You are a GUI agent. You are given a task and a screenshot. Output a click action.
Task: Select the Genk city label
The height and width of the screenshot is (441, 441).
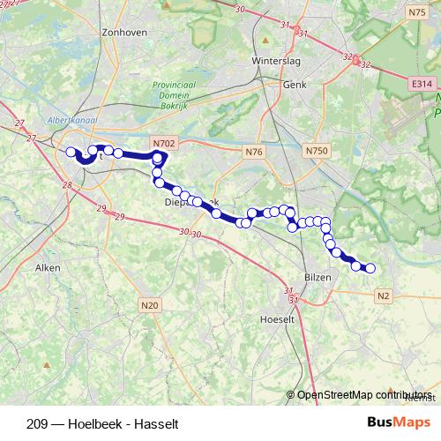pos(293,85)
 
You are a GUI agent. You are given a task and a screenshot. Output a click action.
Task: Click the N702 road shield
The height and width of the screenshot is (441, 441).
pos(163,142)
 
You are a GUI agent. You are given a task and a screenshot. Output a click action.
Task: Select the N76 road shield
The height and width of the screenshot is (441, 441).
pos(255,152)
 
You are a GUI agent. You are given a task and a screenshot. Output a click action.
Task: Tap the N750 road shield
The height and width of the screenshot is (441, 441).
pos(317,152)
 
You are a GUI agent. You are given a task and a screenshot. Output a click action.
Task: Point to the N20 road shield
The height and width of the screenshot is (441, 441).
pos(150,305)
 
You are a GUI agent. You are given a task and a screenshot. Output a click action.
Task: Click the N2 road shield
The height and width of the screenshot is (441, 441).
pos(383,296)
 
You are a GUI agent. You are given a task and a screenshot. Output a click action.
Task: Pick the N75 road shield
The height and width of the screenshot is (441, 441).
pos(417,12)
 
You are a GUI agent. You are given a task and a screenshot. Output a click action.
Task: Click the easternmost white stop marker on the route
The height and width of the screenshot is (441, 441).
pos(370,268)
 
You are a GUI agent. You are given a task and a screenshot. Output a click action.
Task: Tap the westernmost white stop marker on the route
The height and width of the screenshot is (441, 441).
pos(71,152)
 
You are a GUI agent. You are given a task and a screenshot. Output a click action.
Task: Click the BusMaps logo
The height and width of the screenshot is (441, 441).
pos(399,422)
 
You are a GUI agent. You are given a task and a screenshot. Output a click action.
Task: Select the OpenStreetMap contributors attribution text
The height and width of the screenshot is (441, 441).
pos(364,394)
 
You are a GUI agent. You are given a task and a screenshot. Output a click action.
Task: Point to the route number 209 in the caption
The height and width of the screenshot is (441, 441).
pos(38,423)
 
